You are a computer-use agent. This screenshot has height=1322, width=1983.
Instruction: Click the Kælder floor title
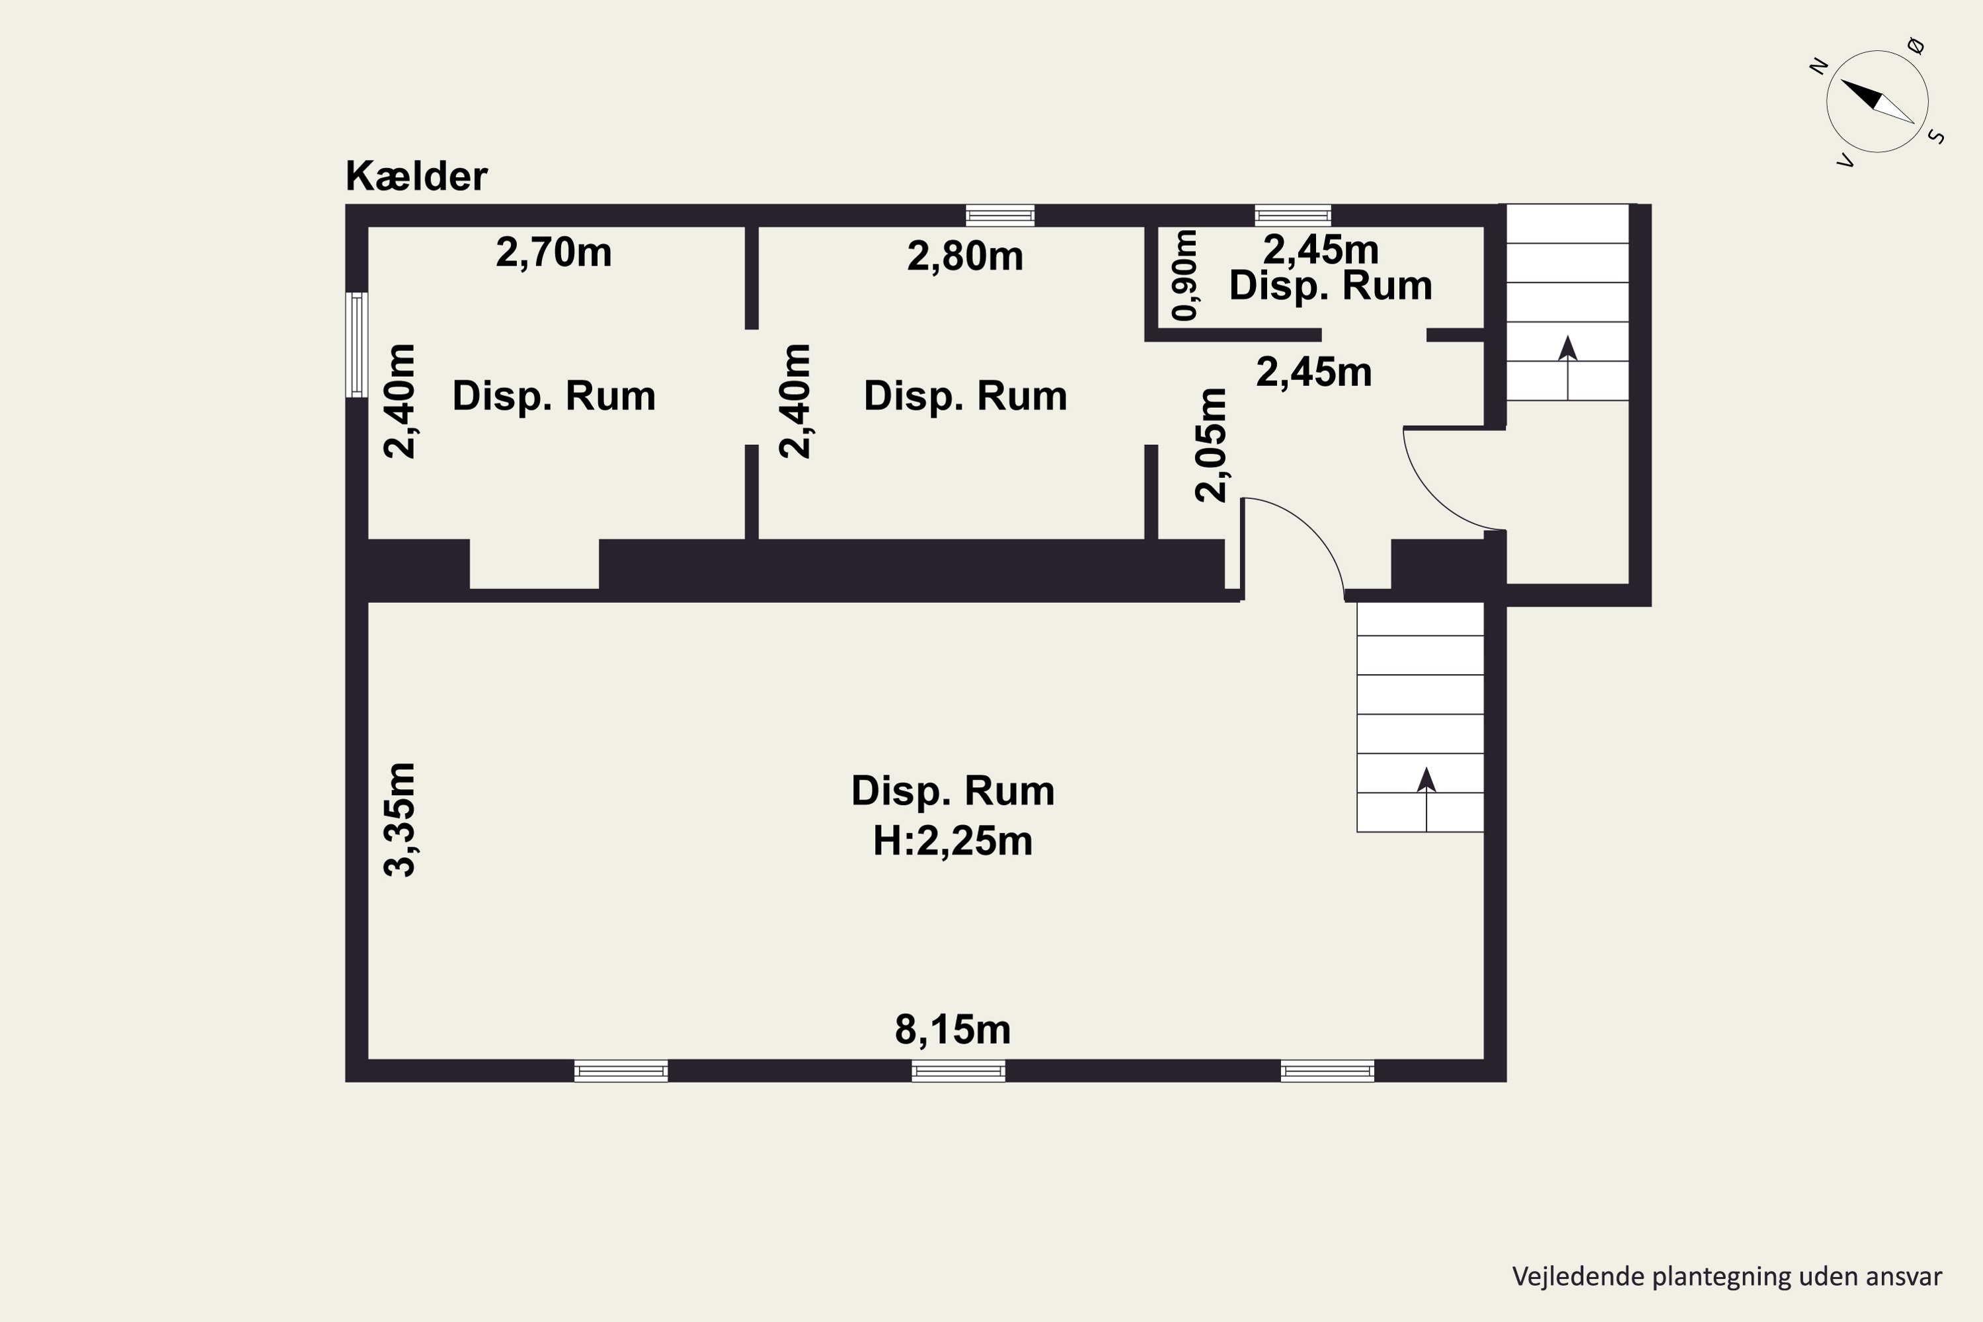point(416,176)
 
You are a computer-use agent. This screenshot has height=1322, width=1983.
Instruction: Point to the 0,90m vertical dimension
point(1185,275)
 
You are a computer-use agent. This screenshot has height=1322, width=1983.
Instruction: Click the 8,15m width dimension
point(953,1029)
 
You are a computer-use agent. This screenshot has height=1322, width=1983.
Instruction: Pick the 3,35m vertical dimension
point(400,820)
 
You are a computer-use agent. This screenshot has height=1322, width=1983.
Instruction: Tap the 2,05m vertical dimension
point(1212,444)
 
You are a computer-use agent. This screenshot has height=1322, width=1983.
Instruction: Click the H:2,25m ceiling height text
point(953,841)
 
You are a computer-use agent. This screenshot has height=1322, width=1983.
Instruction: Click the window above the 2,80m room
point(1000,216)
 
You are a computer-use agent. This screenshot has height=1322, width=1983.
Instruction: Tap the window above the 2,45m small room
point(1292,216)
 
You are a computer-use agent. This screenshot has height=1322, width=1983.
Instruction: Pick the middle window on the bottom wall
point(958,1071)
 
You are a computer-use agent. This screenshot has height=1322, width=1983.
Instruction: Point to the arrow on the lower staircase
point(1426,799)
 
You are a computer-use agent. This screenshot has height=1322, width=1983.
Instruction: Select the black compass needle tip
point(1842,81)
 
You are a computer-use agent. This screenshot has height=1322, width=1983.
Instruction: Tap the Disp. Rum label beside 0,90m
point(1331,285)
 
